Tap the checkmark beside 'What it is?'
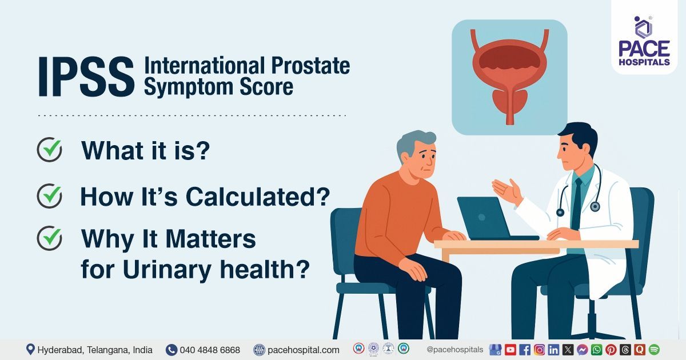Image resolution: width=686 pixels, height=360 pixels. pyautogui.click(x=49, y=150)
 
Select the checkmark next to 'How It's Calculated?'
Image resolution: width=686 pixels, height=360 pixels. pyautogui.click(x=49, y=196)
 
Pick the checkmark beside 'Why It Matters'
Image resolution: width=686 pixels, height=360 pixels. pyautogui.click(x=49, y=239)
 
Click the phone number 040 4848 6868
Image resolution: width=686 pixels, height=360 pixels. pyautogui.click(x=210, y=350)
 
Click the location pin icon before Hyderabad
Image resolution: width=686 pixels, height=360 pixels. pyautogui.click(x=30, y=350)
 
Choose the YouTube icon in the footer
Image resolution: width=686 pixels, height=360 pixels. pyautogui.click(x=510, y=350)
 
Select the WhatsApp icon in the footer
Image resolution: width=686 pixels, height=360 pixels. pyautogui.click(x=597, y=350)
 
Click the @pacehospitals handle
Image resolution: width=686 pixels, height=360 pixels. pyautogui.click(x=455, y=350)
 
